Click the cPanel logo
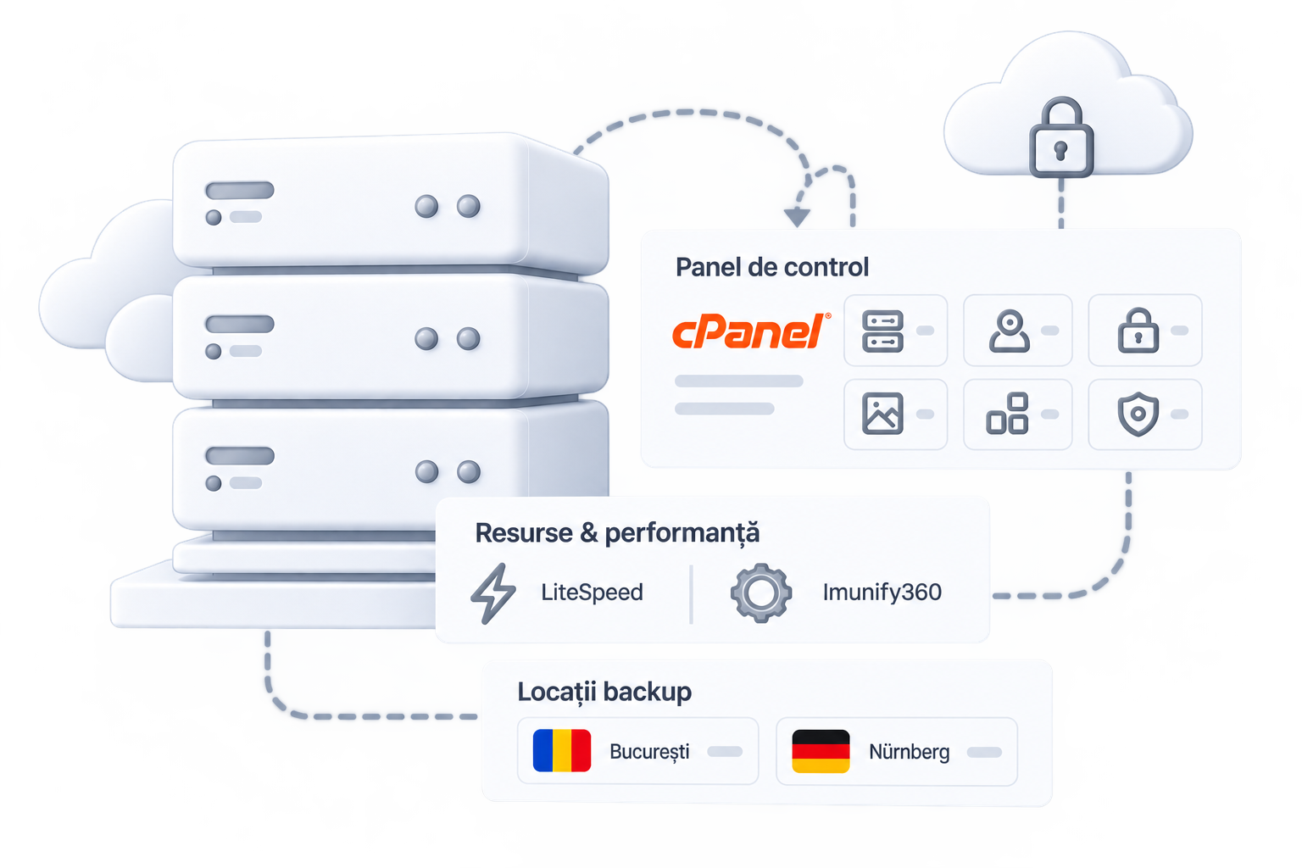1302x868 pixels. click(751, 331)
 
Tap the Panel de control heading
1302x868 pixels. click(772, 267)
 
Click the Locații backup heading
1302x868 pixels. click(604, 692)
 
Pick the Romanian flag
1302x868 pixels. click(561, 750)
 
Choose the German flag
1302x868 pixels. click(821, 751)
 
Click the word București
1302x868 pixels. click(649, 752)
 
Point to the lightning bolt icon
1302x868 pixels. click(492, 593)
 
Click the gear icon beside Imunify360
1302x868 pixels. click(761, 593)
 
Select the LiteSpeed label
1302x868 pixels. click(592, 593)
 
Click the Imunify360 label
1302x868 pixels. click(882, 593)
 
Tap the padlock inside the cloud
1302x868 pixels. click(1061, 137)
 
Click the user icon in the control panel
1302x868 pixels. click(1010, 331)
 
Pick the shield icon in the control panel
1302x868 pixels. click(1138, 414)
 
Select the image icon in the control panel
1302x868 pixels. click(882, 414)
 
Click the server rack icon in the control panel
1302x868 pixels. click(882, 331)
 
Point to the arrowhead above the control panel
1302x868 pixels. click(797, 217)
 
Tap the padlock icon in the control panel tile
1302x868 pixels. click(1138, 331)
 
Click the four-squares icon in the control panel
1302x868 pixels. click(1007, 414)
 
